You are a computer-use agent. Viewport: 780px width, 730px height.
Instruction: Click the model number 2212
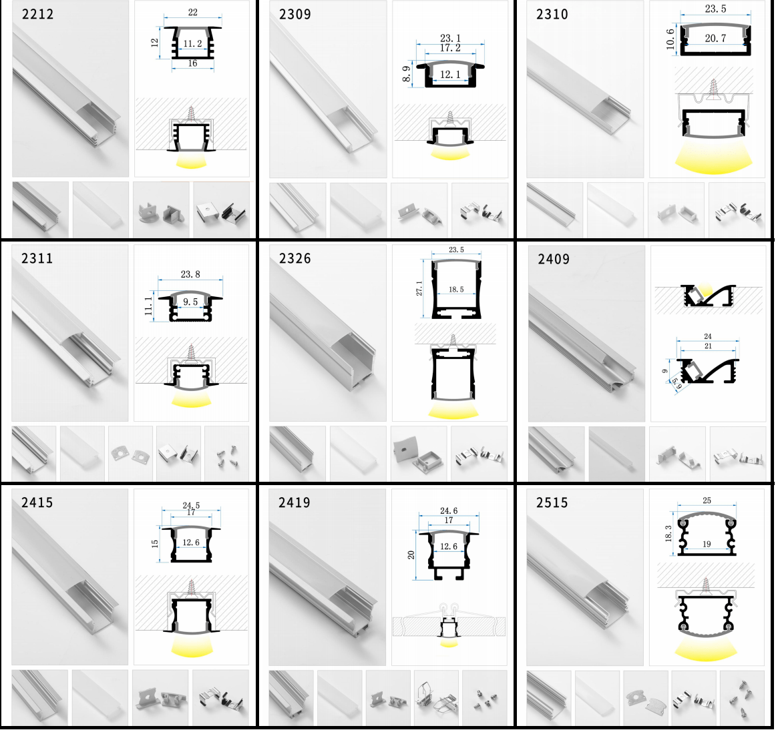click(x=37, y=14)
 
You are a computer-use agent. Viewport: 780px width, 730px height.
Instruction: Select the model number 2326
click(x=295, y=258)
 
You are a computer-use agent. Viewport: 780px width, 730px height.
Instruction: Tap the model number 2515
click(x=552, y=502)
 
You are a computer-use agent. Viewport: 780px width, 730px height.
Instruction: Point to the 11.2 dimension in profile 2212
click(x=192, y=44)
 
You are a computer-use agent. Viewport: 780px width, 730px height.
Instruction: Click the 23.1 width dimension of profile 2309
click(x=450, y=38)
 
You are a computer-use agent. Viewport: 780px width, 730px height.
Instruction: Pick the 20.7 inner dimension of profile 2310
click(x=715, y=38)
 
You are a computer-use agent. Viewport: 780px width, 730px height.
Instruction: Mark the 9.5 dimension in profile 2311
click(x=190, y=302)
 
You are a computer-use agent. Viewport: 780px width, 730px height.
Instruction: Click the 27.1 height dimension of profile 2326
click(x=419, y=289)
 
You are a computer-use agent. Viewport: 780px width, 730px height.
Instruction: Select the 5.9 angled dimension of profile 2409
click(x=676, y=383)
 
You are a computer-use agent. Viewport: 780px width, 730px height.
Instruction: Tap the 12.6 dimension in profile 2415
click(x=191, y=542)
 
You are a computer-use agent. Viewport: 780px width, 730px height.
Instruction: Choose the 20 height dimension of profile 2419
click(x=411, y=555)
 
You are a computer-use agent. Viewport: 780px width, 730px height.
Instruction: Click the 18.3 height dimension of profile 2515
click(x=668, y=534)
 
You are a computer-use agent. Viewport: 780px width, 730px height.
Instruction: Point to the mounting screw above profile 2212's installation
click(x=191, y=114)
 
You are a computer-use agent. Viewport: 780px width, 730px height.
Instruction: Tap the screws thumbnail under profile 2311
click(x=227, y=453)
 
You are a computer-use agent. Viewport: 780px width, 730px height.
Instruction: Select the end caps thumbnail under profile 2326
click(x=418, y=453)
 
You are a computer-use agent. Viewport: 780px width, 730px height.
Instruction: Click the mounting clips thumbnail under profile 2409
click(x=737, y=453)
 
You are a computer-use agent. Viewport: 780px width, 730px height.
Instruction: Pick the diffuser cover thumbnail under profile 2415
click(x=100, y=697)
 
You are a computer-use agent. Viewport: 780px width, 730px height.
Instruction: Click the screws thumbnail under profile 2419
click(x=485, y=697)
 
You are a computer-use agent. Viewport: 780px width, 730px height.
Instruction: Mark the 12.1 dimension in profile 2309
click(x=450, y=75)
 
